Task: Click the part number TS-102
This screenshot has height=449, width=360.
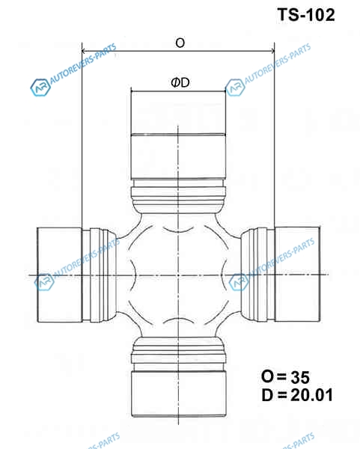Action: pyautogui.click(x=306, y=15)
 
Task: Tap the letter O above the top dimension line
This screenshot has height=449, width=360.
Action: pyautogui.click(x=180, y=43)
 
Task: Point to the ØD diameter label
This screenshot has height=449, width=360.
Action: pyautogui.click(x=180, y=83)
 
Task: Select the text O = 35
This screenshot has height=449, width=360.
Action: pyautogui.click(x=285, y=377)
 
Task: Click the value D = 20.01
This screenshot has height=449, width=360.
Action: pyautogui.click(x=297, y=395)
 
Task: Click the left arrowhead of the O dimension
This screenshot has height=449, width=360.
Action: pyautogui.click(x=84, y=51)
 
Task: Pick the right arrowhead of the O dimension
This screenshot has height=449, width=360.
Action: pyautogui.click(x=272, y=51)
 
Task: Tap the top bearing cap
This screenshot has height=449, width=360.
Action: pyautogui.click(x=178, y=135)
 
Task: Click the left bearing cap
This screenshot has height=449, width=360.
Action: pyautogui.click(x=60, y=275)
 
